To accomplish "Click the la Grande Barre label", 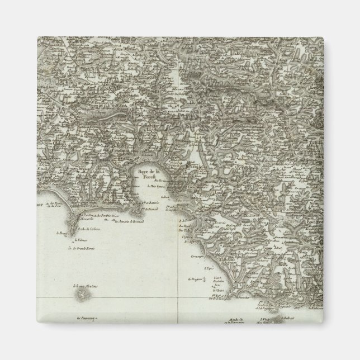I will click(x=82, y=248).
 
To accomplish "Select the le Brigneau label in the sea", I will click(x=195, y=278).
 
